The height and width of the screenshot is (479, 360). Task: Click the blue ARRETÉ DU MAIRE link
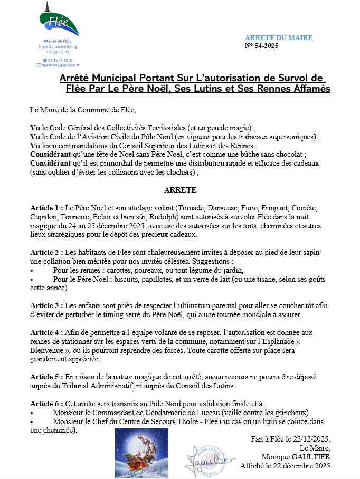click(279, 37)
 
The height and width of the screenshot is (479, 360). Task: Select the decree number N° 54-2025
click(261, 45)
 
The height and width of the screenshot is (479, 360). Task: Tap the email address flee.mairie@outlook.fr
click(60, 65)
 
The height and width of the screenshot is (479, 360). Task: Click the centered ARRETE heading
click(181, 189)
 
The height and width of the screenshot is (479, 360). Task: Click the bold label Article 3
click(46, 305)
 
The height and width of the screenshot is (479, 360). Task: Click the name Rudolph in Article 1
click(166, 217)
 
